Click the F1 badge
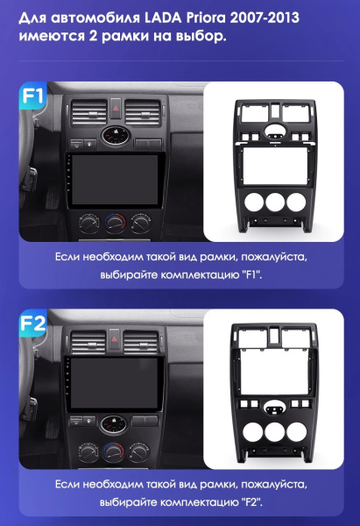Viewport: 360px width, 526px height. tap(32, 96)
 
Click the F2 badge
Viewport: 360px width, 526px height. tap(32, 323)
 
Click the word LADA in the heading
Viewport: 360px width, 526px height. tap(163, 18)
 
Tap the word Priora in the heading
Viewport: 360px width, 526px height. tap(206, 18)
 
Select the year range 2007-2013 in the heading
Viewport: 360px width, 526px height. tap(265, 18)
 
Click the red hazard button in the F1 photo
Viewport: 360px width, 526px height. tap(116, 108)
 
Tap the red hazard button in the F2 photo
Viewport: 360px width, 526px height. tap(114, 338)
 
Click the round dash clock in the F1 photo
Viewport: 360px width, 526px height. tap(116, 135)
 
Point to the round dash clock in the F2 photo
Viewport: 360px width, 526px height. tap(113, 423)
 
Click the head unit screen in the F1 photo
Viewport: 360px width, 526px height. tap(115, 179)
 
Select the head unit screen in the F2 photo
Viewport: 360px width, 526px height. tap(114, 383)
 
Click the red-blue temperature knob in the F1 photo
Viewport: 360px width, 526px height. tap(115, 223)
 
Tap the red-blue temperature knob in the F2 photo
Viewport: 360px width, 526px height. tap(113, 451)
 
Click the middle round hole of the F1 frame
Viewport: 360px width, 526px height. tap(275, 202)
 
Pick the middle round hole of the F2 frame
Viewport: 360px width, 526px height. tap(274, 431)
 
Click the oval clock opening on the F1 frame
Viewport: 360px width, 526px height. tap(276, 131)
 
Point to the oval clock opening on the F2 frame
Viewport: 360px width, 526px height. tap(274, 408)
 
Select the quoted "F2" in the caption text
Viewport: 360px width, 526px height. tap(251, 502)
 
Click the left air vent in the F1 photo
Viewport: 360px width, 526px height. tap(89, 111)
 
